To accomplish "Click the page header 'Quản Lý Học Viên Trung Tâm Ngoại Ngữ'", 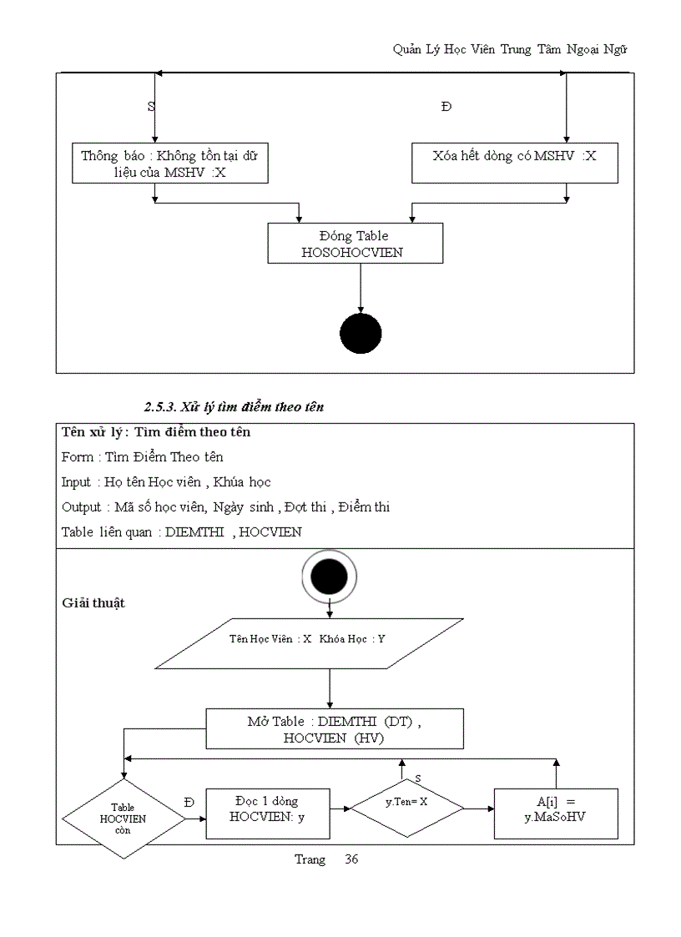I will [x=510, y=49].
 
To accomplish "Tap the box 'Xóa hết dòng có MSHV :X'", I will [x=514, y=163].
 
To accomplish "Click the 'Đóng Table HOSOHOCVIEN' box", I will [x=354, y=244].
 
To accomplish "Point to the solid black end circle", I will [x=361, y=334].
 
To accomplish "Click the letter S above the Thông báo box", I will [x=151, y=107].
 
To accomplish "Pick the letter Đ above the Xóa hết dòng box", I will [x=446, y=107].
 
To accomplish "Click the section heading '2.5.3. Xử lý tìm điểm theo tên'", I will [x=234, y=407].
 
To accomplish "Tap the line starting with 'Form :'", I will [x=142, y=456].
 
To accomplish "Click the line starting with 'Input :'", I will [x=166, y=481].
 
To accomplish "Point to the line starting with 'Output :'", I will [x=225, y=506].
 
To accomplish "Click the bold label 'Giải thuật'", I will [x=93, y=602].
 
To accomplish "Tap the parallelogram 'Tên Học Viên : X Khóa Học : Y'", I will [x=309, y=643].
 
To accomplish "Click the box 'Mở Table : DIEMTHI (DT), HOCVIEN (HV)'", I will [x=335, y=728].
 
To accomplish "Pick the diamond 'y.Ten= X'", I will [x=406, y=808].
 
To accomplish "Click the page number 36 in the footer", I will [x=351, y=859].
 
